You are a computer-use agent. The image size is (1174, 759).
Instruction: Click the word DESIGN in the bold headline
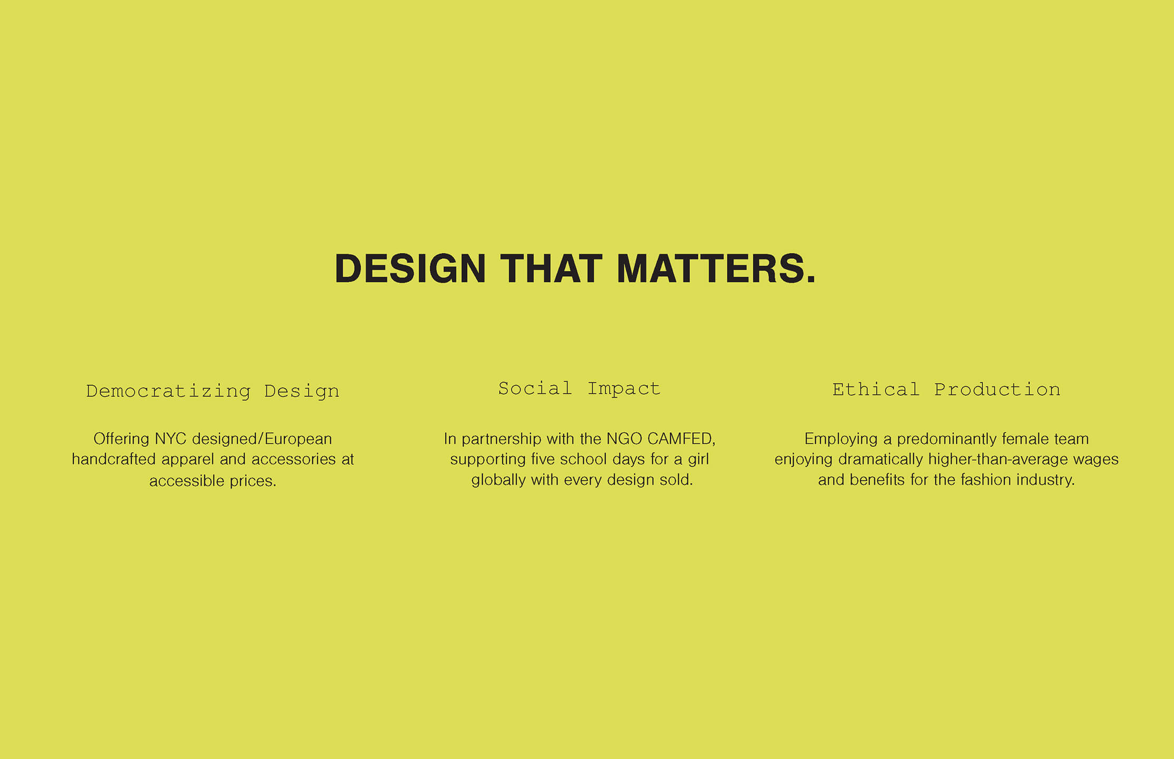point(410,269)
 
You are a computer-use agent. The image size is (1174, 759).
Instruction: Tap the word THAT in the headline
point(551,269)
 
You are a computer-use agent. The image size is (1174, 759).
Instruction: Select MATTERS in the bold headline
point(716,269)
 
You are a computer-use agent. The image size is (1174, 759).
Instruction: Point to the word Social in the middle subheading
point(535,388)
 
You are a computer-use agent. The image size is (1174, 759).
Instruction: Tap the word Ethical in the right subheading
point(876,390)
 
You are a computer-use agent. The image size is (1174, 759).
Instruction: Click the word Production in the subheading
point(997,390)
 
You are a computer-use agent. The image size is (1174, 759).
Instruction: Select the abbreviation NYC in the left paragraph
point(170,439)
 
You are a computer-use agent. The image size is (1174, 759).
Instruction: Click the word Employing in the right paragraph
point(841,439)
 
